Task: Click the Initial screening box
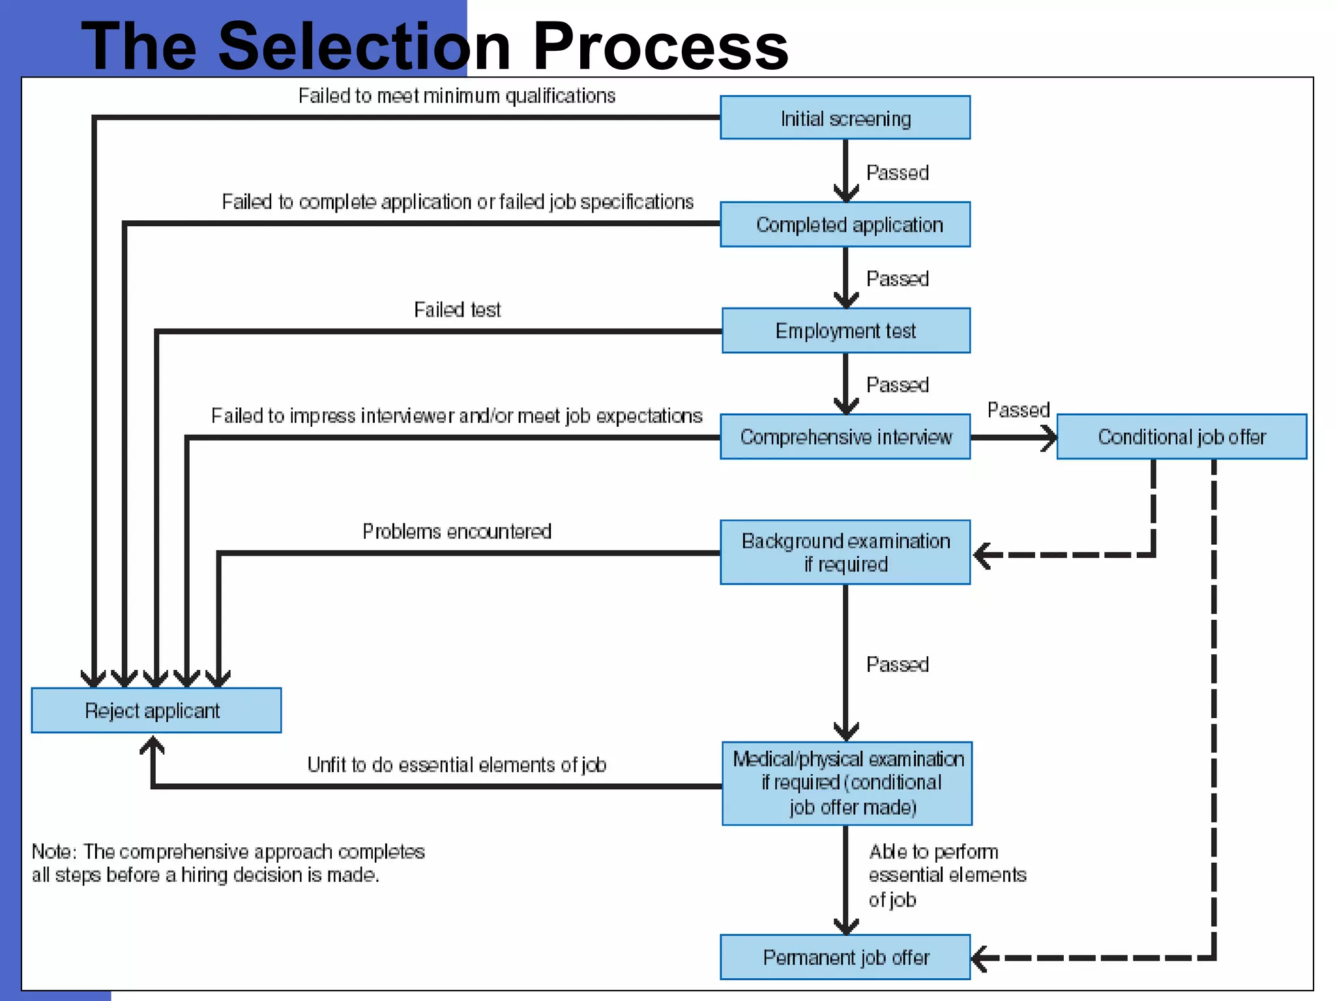tap(845, 118)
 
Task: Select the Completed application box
tap(845, 224)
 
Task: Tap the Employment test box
tap(845, 330)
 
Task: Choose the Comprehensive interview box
tap(845, 437)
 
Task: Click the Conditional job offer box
tap(1181, 437)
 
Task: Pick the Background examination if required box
tap(845, 552)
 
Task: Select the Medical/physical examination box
tap(847, 783)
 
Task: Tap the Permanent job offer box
tap(845, 957)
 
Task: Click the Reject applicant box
tap(156, 710)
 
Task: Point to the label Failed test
tap(457, 310)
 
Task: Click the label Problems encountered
tap(456, 531)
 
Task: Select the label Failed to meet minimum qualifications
tap(456, 96)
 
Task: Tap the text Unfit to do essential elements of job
tap(456, 764)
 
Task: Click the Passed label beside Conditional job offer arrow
tap(1018, 410)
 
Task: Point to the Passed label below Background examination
tap(897, 664)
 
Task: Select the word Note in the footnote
tap(53, 852)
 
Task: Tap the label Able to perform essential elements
tap(946, 875)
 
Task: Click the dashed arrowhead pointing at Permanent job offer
tap(980, 958)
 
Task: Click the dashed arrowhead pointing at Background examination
tap(983, 555)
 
